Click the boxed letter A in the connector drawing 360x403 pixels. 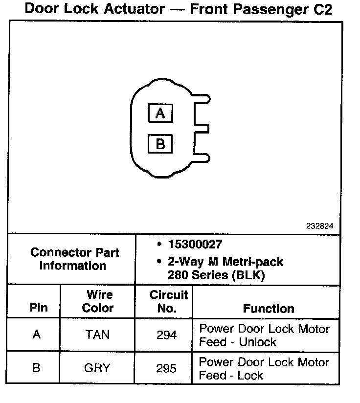(x=160, y=113)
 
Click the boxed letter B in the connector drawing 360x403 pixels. (x=160, y=144)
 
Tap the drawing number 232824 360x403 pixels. (x=320, y=226)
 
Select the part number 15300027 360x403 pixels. (x=195, y=244)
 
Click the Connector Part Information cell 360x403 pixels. (x=74, y=259)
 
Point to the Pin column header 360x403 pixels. (x=39, y=308)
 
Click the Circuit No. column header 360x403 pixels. (x=168, y=301)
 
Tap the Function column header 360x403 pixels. (x=269, y=309)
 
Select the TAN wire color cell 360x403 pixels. (x=98, y=335)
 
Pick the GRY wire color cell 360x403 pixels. (x=98, y=368)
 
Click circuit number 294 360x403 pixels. (x=167, y=335)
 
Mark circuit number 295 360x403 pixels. (x=167, y=368)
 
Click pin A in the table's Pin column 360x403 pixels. (x=37, y=335)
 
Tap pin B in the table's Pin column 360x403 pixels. (x=37, y=368)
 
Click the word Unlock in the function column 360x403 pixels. (x=258, y=342)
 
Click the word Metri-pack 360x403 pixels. (x=253, y=262)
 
